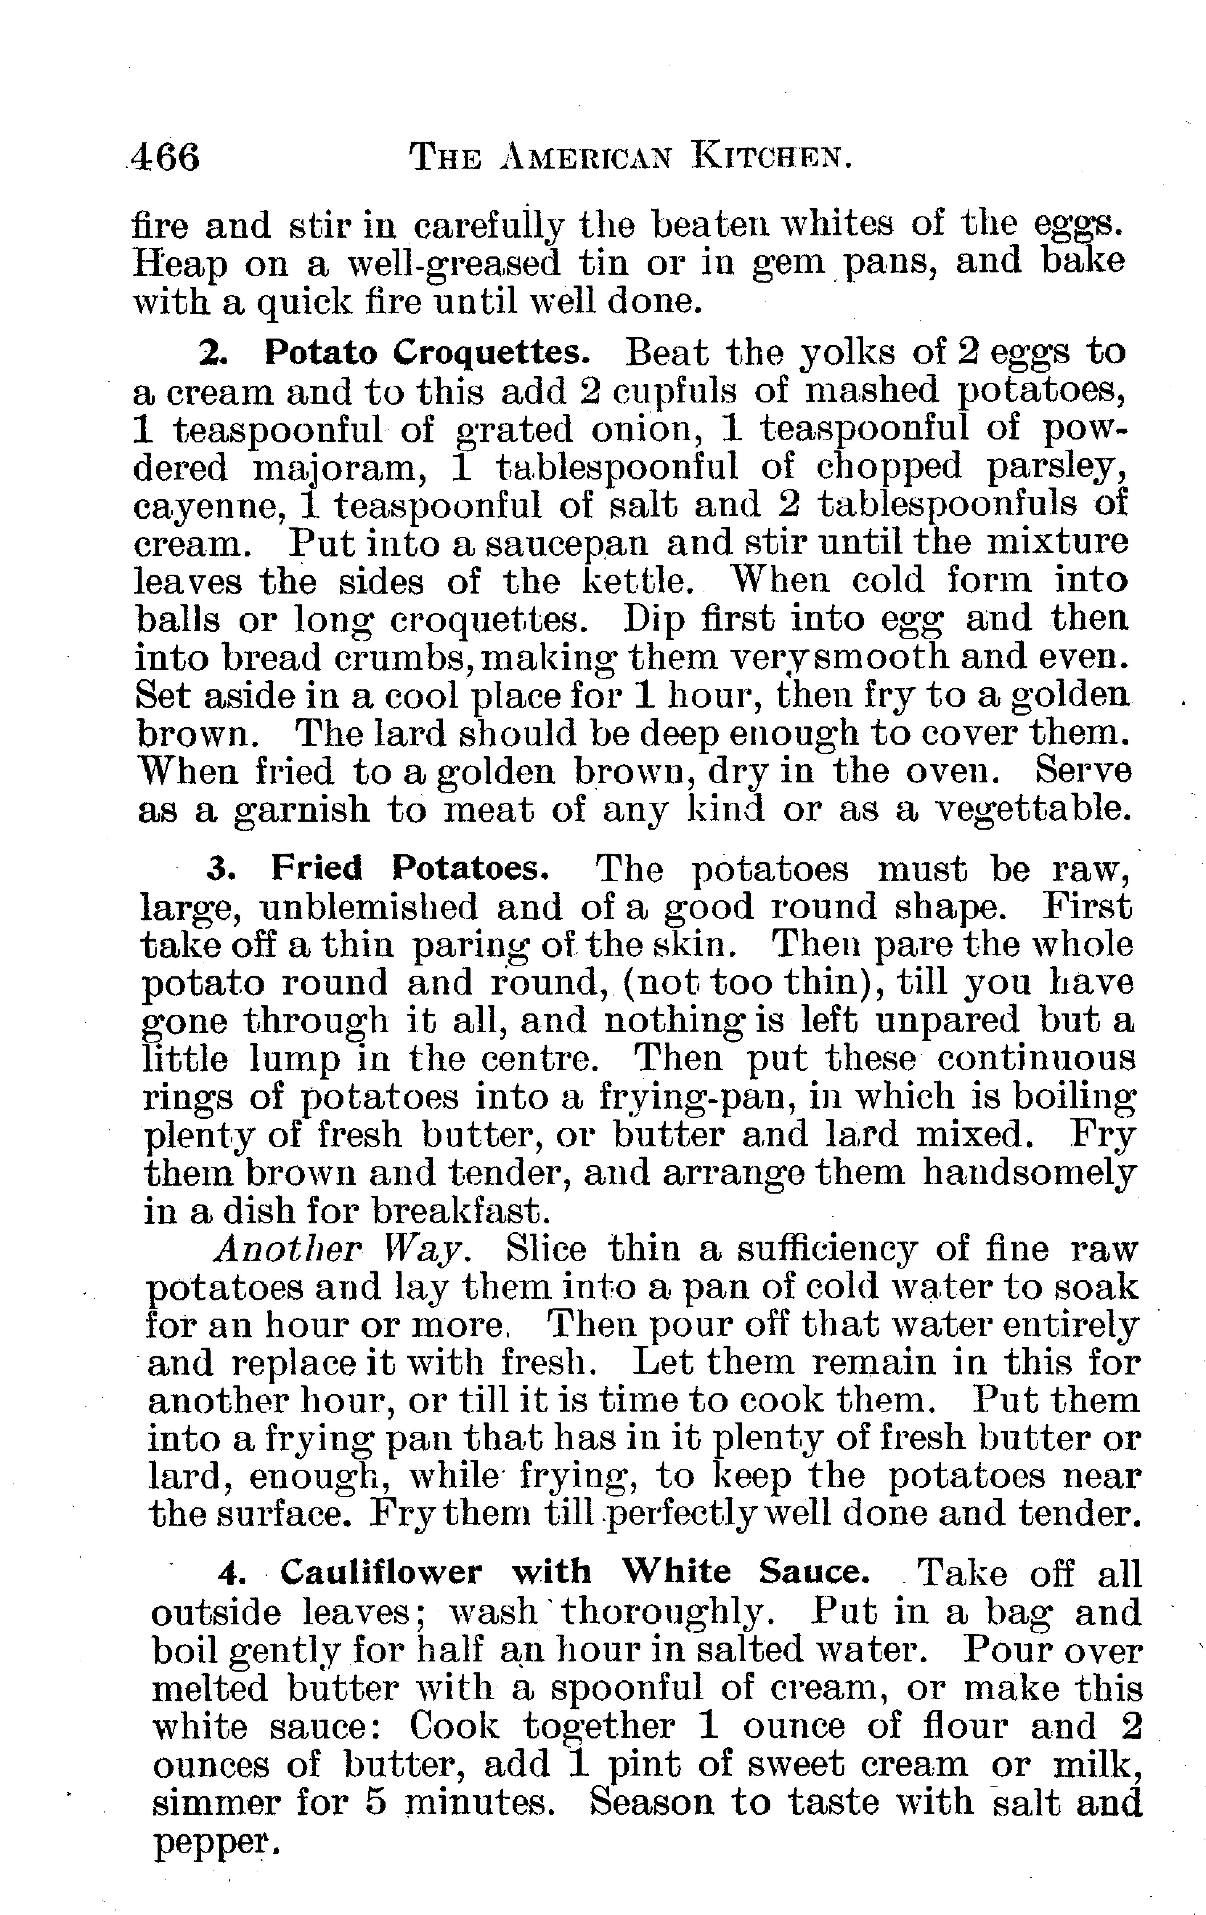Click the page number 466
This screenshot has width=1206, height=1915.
click(x=165, y=157)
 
